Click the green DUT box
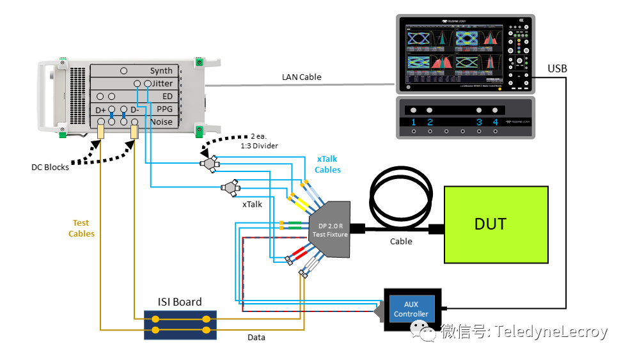tap(496, 224)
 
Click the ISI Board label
tap(180, 302)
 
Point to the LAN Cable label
tap(301, 77)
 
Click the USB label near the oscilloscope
tap(557, 68)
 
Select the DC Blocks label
tap(51, 168)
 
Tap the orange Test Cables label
tap(81, 228)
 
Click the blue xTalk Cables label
tap(327, 164)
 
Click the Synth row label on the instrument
tap(161, 71)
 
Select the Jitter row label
tap(162, 84)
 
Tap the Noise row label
tap(161, 121)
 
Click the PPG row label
tap(164, 109)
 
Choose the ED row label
tap(167, 97)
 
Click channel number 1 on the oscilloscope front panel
tap(414, 121)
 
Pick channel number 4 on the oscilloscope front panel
tap(494, 121)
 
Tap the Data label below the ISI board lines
tap(256, 337)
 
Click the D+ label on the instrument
tap(100, 110)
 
